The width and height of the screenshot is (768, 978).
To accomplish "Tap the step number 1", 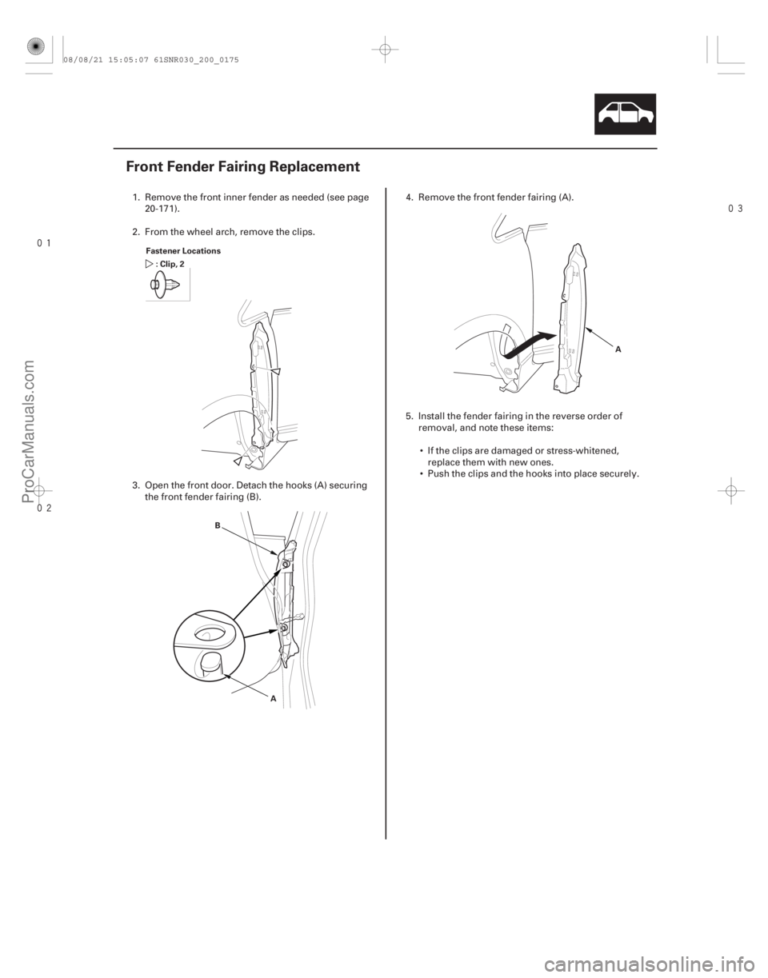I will (133, 197).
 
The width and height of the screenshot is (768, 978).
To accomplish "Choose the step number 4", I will (406, 197).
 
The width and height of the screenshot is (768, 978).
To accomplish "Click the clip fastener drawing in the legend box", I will (165, 283).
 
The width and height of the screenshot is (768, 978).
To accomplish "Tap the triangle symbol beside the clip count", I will (148, 261).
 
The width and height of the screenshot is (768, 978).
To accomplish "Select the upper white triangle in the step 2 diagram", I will (275, 370).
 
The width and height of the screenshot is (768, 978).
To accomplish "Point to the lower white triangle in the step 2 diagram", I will (238, 462).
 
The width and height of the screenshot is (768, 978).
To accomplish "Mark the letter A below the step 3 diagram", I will (273, 698).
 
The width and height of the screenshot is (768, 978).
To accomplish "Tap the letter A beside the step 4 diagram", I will (617, 349).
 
